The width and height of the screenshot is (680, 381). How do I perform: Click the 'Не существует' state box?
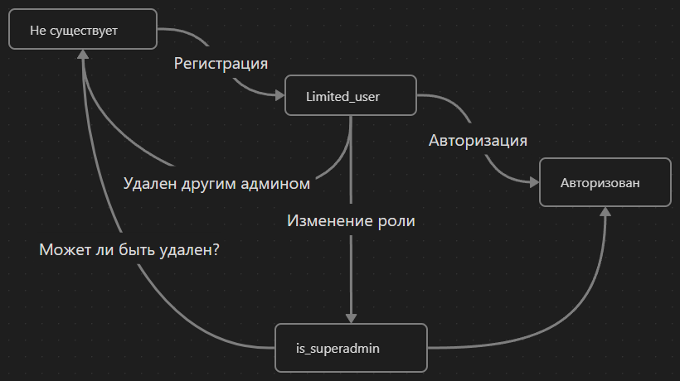point(83,29)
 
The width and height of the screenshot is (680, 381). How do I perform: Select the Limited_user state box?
point(349,96)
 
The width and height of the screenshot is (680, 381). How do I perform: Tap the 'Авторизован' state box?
point(605,183)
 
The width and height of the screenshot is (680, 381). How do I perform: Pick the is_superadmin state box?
point(351,348)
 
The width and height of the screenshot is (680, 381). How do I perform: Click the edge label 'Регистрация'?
point(221,64)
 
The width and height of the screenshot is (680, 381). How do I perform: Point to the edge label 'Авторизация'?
point(478,140)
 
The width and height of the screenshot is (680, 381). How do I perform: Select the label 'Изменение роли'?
point(351,221)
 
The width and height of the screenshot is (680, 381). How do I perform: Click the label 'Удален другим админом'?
point(216,183)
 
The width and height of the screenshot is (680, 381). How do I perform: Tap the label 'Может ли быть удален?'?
point(129,248)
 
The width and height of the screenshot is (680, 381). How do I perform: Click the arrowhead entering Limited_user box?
point(279,96)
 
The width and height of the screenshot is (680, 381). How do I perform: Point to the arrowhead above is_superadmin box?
point(352,316)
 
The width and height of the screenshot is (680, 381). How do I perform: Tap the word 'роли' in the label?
point(396,221)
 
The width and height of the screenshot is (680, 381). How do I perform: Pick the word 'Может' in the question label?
point(64,248)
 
